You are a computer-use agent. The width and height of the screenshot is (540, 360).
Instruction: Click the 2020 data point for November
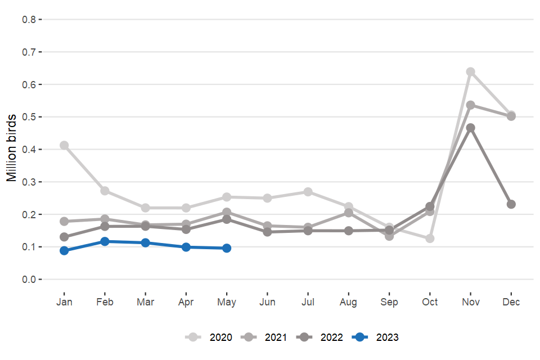(470, 72)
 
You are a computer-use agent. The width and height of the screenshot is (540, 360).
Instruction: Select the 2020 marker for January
(64, 146)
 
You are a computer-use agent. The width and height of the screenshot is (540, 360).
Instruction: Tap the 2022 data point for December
(511, 204)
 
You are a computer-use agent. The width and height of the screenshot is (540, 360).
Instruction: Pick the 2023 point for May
(227, 248)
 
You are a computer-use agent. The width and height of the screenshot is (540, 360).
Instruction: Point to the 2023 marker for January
(64, 251)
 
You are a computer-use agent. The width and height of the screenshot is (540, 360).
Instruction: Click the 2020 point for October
(430, 238)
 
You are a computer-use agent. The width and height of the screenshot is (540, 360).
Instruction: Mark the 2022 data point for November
(470, 128)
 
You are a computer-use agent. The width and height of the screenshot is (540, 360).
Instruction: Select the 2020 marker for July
(308, 192)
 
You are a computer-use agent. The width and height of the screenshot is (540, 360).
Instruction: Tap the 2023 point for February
(105, 241)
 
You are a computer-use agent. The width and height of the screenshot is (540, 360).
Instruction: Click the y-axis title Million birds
(11, 149)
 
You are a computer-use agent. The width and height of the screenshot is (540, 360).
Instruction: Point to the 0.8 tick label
(29, 20)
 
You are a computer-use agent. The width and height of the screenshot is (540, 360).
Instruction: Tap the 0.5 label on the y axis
(29, 117)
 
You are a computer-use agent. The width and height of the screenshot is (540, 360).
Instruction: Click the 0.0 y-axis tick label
(29, 280)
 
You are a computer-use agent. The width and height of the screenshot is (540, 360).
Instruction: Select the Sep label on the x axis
(389, 303)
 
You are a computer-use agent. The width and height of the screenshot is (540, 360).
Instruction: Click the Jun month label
(267, 303)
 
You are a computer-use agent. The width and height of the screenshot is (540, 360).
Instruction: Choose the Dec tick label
(511, 303)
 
